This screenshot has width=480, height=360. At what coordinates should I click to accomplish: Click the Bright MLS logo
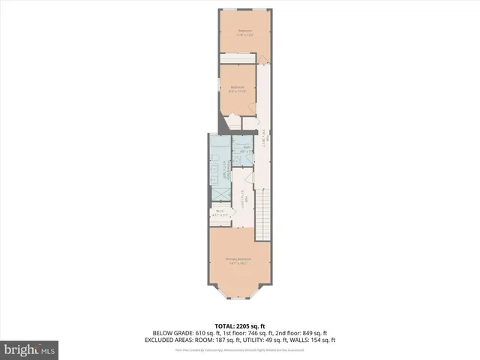(30, 349)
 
